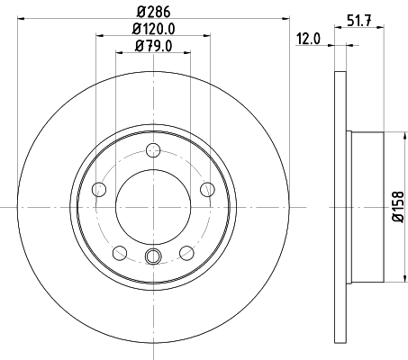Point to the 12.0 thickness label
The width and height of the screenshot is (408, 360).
pyautogui.click(x=309, y=39)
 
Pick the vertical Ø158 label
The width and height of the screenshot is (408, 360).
pyautogui.click(x=397, y=205)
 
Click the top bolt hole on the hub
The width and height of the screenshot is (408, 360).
pyautogui.click(x=153, y=150)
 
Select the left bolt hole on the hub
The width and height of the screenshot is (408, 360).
pyautogui.click(x=99, y=189)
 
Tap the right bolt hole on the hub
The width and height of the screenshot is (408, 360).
pyautogui.click(x=207, y=189)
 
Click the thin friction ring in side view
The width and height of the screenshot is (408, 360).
pyautogui.click(x=340, y=205)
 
